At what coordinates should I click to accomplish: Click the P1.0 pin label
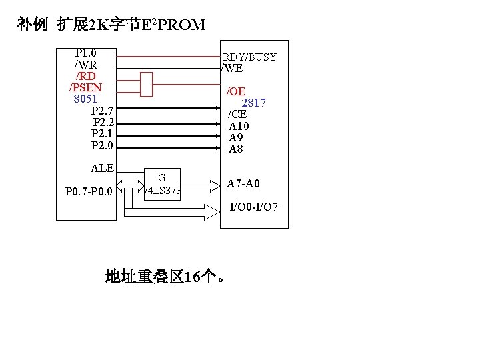pos(85,53)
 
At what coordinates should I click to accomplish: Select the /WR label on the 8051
pos(85,65)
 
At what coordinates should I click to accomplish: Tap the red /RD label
pos(85,76)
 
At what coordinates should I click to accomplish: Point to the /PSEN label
pos(85,87)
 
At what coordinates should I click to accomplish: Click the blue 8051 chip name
pos(85,99)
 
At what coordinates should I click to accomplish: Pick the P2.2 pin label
pos(103,123)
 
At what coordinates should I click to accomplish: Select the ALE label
pos(102,168)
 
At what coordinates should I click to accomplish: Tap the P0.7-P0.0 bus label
pos(89,193)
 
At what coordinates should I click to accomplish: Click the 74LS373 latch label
pos(162,191)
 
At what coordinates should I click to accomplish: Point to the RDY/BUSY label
pos(249,57)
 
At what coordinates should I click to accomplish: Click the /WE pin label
pos(232,68)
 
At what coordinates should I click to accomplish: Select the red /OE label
pos(236,91)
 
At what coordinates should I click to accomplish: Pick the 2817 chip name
pos(253,103)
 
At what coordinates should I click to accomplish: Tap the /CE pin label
pos(237,114)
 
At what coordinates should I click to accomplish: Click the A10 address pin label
pos(239,126)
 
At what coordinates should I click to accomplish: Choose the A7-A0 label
pos(243,183)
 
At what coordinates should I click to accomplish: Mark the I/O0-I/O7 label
pos(254,207)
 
